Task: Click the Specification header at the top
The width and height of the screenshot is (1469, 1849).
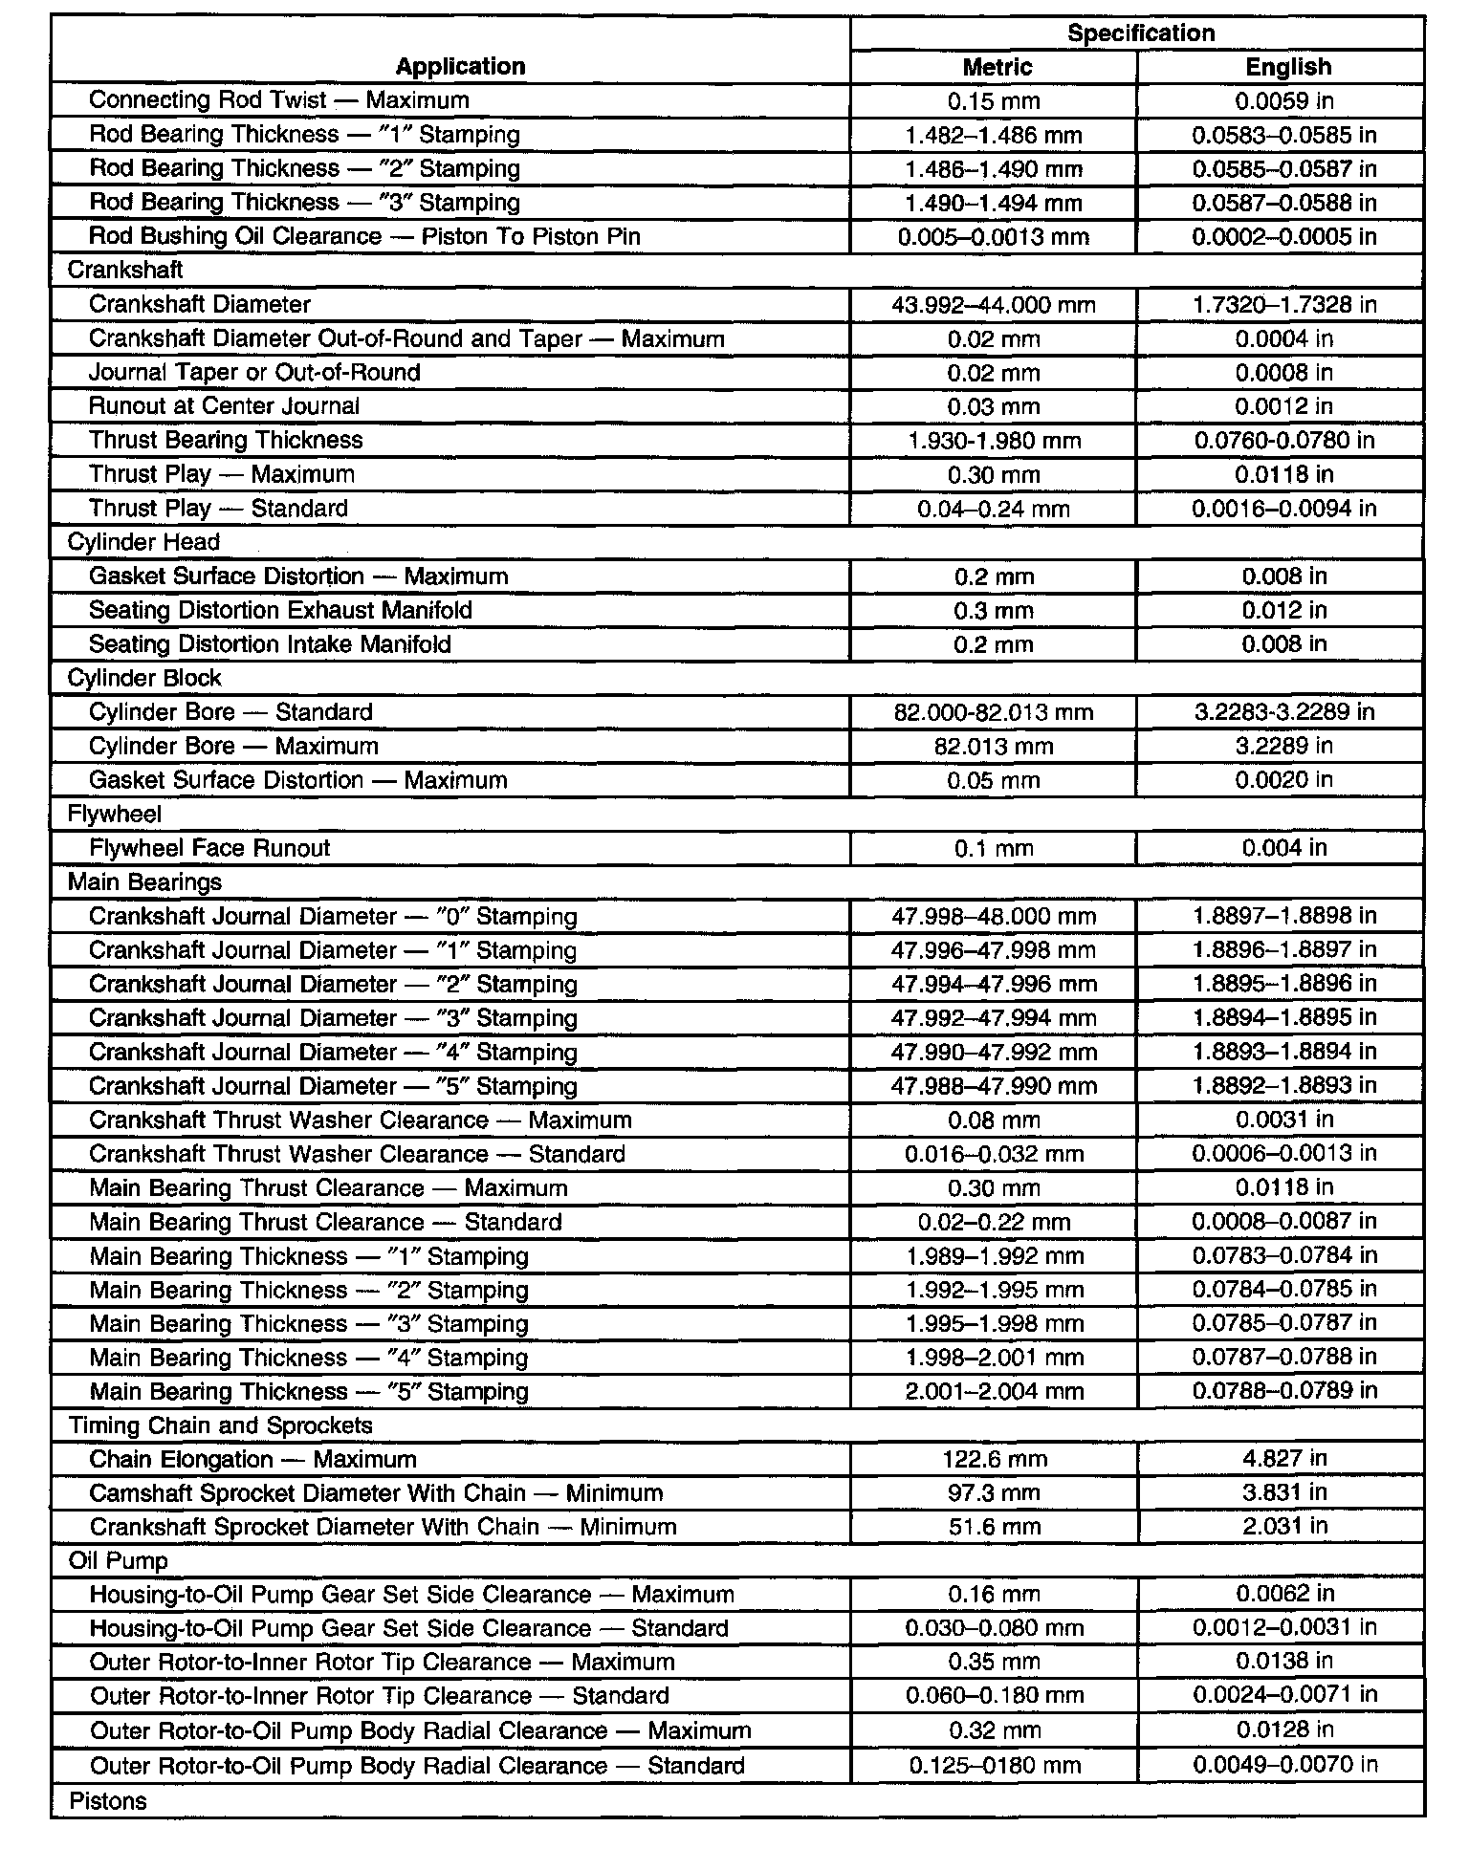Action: click(x=1140, y=33)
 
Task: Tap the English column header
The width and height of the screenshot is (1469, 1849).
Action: click(x=1287, y=67)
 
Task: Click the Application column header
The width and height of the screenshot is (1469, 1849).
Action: click(x=460, y=66)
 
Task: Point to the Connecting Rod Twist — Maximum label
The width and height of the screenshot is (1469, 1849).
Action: click(x=278, y=100)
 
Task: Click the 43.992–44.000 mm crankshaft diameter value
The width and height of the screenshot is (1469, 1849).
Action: click(x=993, y=305)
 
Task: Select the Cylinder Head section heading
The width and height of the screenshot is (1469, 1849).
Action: click(x=143, y=542)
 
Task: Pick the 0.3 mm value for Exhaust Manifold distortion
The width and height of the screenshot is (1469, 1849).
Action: click(x=993, y=610)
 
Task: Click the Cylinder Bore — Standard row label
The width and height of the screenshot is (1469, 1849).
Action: click(x=230, y=712)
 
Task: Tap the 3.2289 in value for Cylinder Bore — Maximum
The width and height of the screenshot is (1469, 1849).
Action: click(x=1283, y=746)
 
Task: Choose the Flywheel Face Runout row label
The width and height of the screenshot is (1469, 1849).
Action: click(x=209, y=848)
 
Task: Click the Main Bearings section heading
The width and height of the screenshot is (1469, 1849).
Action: click(x=144, y=881)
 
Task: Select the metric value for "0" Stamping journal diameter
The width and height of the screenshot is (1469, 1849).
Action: click(x=993, y=916)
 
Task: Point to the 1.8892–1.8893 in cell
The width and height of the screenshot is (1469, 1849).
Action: click(x=1283, y=1086)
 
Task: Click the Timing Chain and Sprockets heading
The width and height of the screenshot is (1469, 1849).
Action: click(x=220, y=1425)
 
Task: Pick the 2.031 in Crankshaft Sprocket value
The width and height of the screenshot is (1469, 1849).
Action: click(x=1284, y=1527)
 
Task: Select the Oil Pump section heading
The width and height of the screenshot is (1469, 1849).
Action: click(x=118, y=1561)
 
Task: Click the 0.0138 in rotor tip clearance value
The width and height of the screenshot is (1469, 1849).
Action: click(x=1283, y=1662)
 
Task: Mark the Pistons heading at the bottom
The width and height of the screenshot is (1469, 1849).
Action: click(x=108, y=1801)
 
